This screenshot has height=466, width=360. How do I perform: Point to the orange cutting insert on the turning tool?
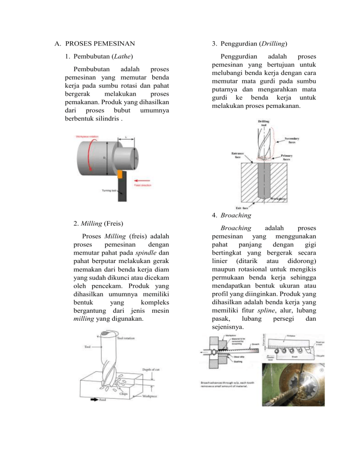click(x=120, y=174)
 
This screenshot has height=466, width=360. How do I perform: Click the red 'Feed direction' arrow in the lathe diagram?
click(x=145, y=179)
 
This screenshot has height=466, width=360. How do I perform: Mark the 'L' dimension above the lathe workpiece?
click(x=126, y=137)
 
